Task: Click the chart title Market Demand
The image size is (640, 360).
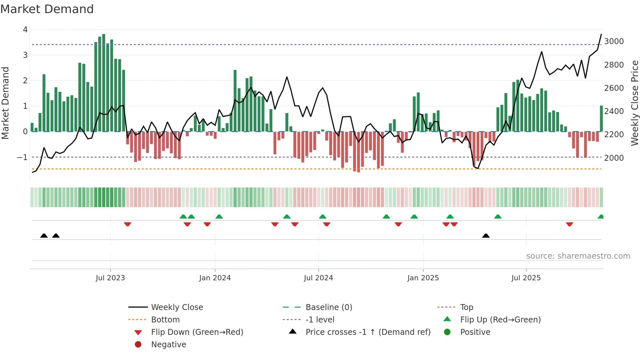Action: coord(47,9)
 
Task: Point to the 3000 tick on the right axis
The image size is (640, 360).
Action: coord(614,41)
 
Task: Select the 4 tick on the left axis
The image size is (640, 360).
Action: coord(25,30)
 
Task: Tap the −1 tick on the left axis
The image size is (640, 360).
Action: coord(23,157)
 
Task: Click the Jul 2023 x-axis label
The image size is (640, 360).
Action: coord(110,278)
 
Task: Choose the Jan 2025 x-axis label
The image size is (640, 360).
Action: coord(423,278)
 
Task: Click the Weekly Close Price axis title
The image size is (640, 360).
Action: coord(634,103)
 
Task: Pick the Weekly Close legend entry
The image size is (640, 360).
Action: coord(177,307)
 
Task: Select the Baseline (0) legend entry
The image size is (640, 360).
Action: coord(328,307)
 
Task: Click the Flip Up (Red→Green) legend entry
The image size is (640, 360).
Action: coord(500,320)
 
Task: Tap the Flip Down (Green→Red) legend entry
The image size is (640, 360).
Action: coord(197,332)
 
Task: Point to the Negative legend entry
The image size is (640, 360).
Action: coord(168,345)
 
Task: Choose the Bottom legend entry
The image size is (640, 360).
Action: coord(165,320)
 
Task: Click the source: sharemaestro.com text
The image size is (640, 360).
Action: coord(578,256)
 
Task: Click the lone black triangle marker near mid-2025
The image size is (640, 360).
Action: coord(486,236)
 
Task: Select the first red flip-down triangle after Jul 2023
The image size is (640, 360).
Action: coord(128,224)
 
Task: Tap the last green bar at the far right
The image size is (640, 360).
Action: coord(601,118)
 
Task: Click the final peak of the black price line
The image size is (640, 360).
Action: coord(601,34)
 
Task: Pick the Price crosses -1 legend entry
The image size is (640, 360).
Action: coord(368,332)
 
